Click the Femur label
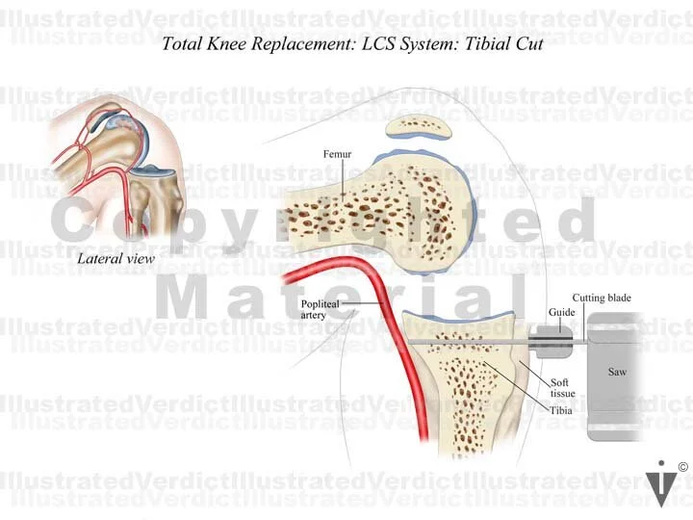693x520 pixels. (336, 155)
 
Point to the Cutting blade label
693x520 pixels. (602, 299)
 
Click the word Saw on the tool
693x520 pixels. (617, 371)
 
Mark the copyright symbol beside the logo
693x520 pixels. (682, 468)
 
